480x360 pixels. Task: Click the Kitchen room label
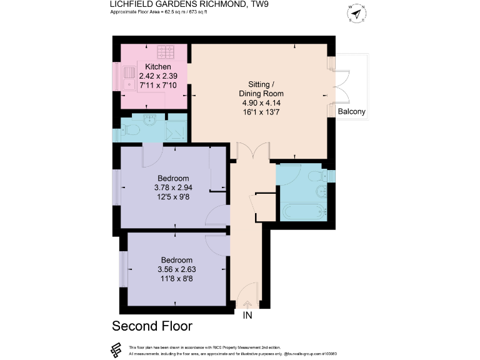pos(158,67)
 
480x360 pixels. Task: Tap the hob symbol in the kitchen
pos(167,51)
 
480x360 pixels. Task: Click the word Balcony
pos(351,112)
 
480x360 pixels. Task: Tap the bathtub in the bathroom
pos(304,211)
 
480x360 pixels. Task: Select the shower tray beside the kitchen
pos(176,128)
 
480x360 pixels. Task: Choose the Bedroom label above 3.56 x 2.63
pos(177,260)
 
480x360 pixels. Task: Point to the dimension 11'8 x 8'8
pos(177,279)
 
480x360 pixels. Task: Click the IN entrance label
pos(247,316)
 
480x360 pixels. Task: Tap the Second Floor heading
pos(152,326)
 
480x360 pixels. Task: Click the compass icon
pos(356,13)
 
